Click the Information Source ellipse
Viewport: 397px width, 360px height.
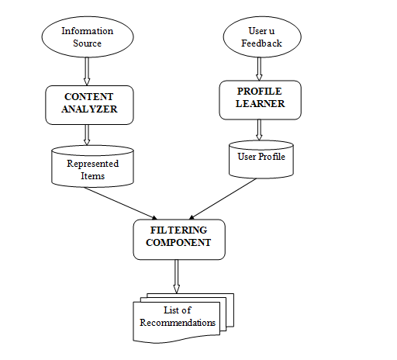coord(87,37)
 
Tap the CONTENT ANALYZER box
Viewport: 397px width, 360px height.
coord(87,102)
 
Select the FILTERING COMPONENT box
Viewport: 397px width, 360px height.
coord(179,237)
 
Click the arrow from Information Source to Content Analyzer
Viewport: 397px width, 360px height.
coord(87,71)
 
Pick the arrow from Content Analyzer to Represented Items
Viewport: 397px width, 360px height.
coord(87,134)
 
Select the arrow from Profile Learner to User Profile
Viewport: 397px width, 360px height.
coord(260,130)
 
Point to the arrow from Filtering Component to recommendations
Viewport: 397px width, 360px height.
coord(178,276)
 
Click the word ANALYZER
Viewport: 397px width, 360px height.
coord(87,109)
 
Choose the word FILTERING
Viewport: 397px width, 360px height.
coord(179,230)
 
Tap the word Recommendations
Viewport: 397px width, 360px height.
coord(177,322)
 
